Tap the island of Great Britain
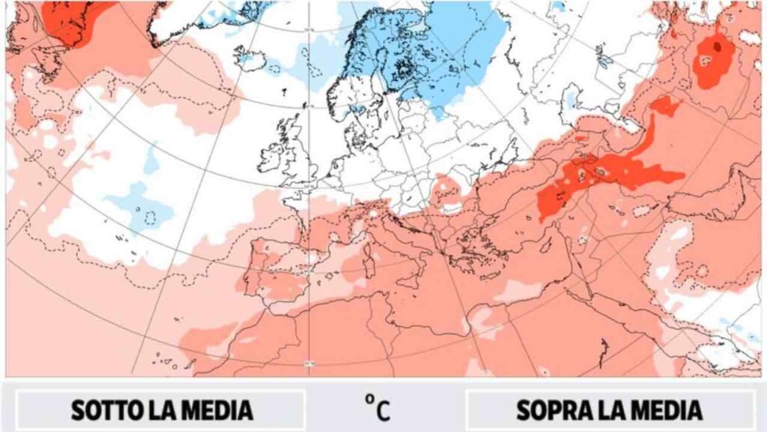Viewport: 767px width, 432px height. click(297, 154)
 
